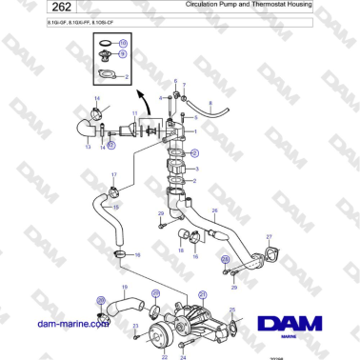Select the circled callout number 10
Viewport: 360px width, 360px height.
(122, 44)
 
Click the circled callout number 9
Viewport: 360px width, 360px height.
(122, 54)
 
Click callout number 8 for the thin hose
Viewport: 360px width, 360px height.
(210, 102)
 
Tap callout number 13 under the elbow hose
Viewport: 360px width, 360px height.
(89, 148)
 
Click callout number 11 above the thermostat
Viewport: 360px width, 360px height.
(134, 114)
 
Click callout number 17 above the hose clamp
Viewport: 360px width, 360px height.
(114, 175)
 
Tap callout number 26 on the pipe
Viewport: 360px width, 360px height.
(215, 210)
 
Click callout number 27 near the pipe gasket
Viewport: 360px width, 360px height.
(270, 236)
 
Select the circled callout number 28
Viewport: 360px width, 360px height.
(225, 258)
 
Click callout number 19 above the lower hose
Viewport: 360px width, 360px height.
(123, 287)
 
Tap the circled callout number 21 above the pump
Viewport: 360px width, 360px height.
(201, 296)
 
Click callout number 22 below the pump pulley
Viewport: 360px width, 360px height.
(164, 357)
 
